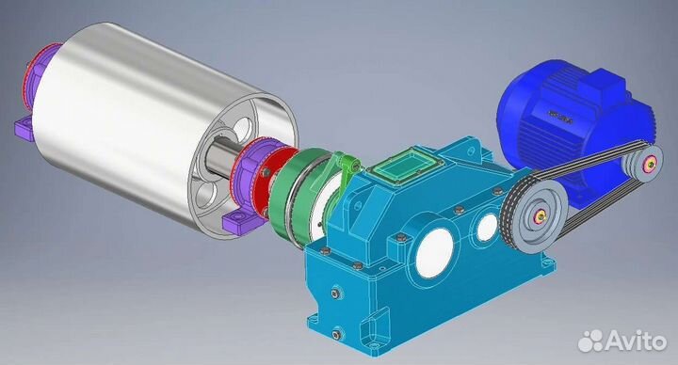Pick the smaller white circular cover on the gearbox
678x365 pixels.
(486, 226)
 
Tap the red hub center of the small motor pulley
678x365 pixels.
(648, 167)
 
